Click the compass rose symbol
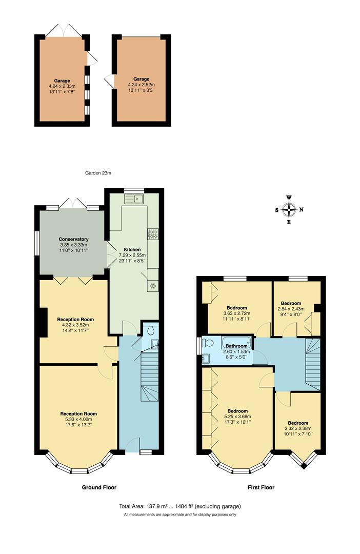point(290,209)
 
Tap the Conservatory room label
point(73,240)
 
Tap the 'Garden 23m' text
point(98,173)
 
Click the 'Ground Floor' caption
point(99,487)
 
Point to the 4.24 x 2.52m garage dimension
point(141,85)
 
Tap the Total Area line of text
point(179,506)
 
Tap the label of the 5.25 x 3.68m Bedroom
point(237,411)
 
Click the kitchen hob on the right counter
point(152,234)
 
